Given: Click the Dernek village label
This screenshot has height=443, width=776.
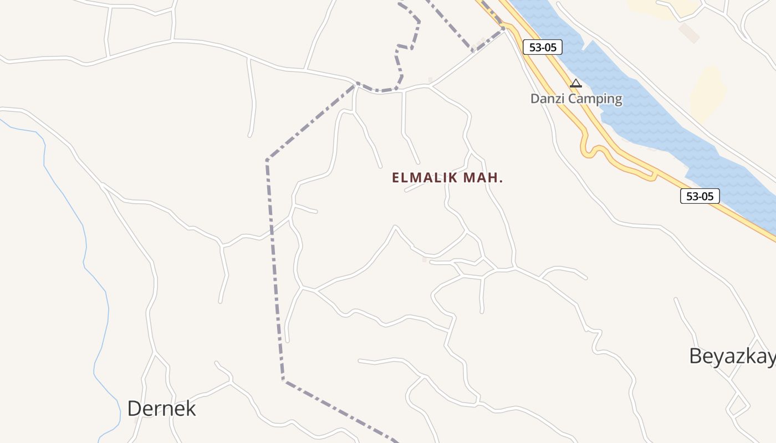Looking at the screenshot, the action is pyautogui.click(x=161, y=409).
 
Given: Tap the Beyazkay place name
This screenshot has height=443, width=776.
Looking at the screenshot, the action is pyautogui.click(x=732, y=356).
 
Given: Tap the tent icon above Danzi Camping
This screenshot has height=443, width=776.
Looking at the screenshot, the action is pyautogui.click(x=576, y=84).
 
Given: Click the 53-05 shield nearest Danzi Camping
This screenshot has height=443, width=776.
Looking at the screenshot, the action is pyautogui.click(x=542, y=48).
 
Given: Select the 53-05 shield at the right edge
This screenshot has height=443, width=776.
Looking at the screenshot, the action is pyautogui.click(x=700, y=195).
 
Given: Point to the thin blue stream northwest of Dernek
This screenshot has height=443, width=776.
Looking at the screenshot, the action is pyautogui.click(x=83, y=233).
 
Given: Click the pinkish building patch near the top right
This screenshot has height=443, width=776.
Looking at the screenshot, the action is pyautogui.click(x=689, y=33).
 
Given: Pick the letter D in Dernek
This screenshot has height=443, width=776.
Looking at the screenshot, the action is pyautogui.click(x=134, y=409).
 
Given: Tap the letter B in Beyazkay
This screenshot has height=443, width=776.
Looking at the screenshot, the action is pyautogui.click(x=696, y=356).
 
